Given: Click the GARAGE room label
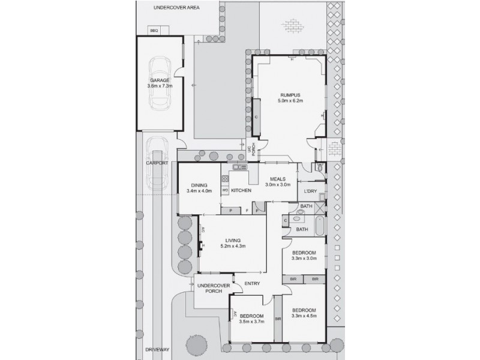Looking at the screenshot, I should (x=160, y=80).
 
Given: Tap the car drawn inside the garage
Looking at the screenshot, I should (x=160, y=84).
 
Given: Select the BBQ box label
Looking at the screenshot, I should (x=153, y=30).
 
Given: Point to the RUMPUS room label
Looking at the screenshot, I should (x=290, y=95).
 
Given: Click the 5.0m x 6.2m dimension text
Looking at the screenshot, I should (x=290, y=101).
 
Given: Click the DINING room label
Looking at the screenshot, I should (x=199, y=185).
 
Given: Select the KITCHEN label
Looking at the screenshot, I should (x=241, y=191).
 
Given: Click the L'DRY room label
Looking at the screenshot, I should (x=310, y=191).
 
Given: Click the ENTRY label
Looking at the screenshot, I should (x=251, y=284).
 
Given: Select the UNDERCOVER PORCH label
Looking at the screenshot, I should (x=210, y=287).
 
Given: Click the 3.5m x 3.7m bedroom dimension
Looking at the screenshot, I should (x=252, y=322).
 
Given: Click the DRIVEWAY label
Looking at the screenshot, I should (x=145, y=349).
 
